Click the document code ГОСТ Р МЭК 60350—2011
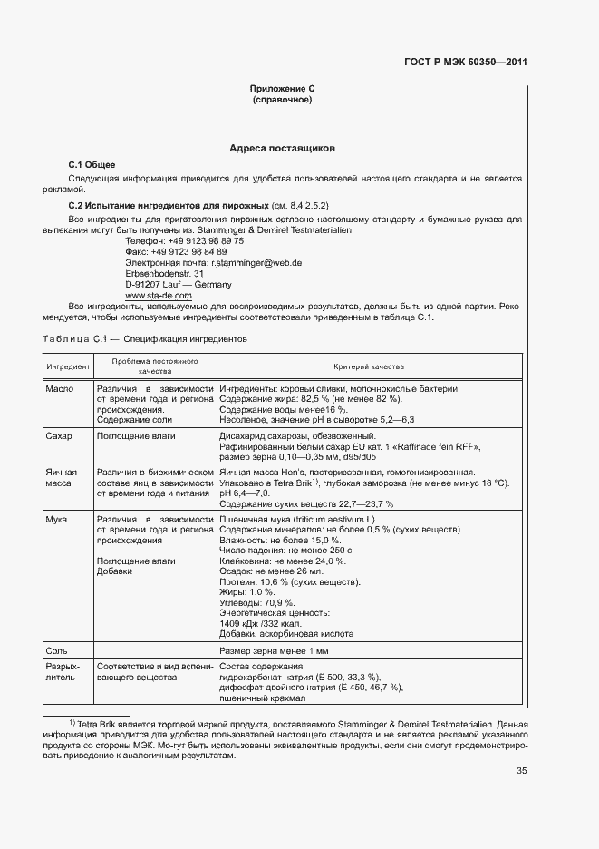[x=466, y=63]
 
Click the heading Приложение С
[x=281, y=89]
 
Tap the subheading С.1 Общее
[x=92, y=164]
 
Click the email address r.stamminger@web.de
[x=257, y=262]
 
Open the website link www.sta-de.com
[x=159, y=295]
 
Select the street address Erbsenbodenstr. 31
[x=164, y=273]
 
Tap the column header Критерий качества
[x=369, y=366]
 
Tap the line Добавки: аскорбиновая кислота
[x=286, y=634]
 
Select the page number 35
[x=521, y=771]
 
